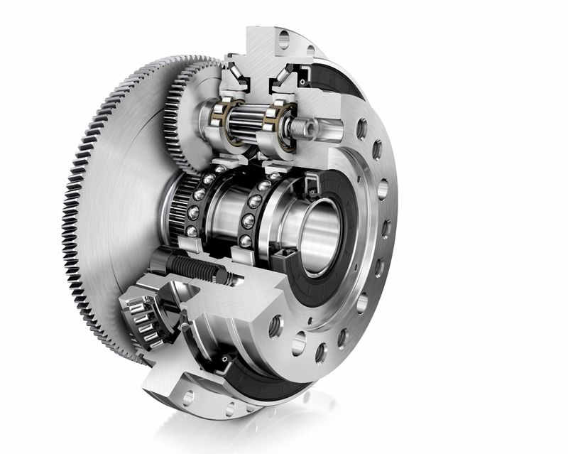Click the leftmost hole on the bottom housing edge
(187, 399)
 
